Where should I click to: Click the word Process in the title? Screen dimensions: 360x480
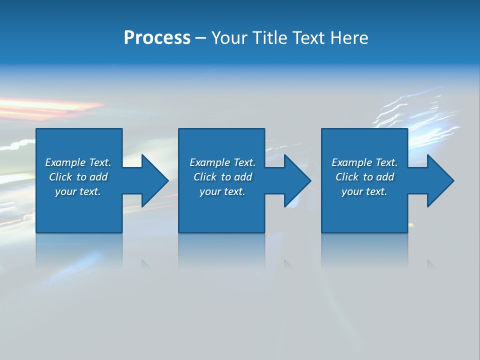(x=157, y=38)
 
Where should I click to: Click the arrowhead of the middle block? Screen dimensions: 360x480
(x=296, y=180)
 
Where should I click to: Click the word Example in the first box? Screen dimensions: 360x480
(x=65, y=162)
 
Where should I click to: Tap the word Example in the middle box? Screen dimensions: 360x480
(x=210, y=162)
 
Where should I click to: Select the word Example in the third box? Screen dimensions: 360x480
(x=352, y=162)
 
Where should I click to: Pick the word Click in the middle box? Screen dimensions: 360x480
(x=205, y=177)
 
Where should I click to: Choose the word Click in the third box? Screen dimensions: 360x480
(x=347, y=177)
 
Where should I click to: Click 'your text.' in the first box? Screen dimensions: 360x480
(x=78, y=191)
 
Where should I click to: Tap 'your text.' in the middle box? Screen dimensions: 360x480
(x=222, y=191)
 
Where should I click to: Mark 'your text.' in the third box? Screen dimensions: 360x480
(x=364, y=191)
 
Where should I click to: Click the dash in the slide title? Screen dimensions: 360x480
(x=200, y=38)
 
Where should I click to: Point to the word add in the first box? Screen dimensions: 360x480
(x=99, y=177)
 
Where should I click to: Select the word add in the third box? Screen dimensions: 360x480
(x=385, y=177)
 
